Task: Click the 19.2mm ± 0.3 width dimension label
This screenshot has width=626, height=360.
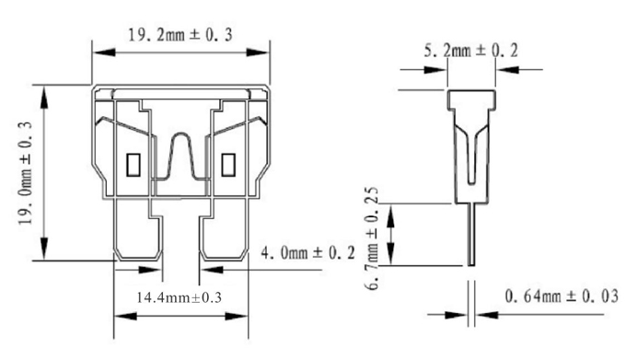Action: point(180,35)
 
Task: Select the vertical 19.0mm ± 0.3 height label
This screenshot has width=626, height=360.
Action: point(25,172)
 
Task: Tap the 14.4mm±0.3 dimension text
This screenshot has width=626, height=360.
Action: point(179,297)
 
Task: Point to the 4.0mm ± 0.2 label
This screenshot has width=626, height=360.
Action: point(307,253)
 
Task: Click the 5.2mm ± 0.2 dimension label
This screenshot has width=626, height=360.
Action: point(470,51)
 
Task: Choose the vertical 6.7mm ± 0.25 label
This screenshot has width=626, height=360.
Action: point(372,238)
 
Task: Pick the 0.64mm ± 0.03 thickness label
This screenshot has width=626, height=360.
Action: point(562,296)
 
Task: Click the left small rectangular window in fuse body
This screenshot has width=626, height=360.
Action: point(133,165)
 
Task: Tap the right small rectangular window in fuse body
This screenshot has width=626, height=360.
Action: point(228,165)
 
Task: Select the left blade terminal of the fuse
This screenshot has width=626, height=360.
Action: point(138,229)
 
